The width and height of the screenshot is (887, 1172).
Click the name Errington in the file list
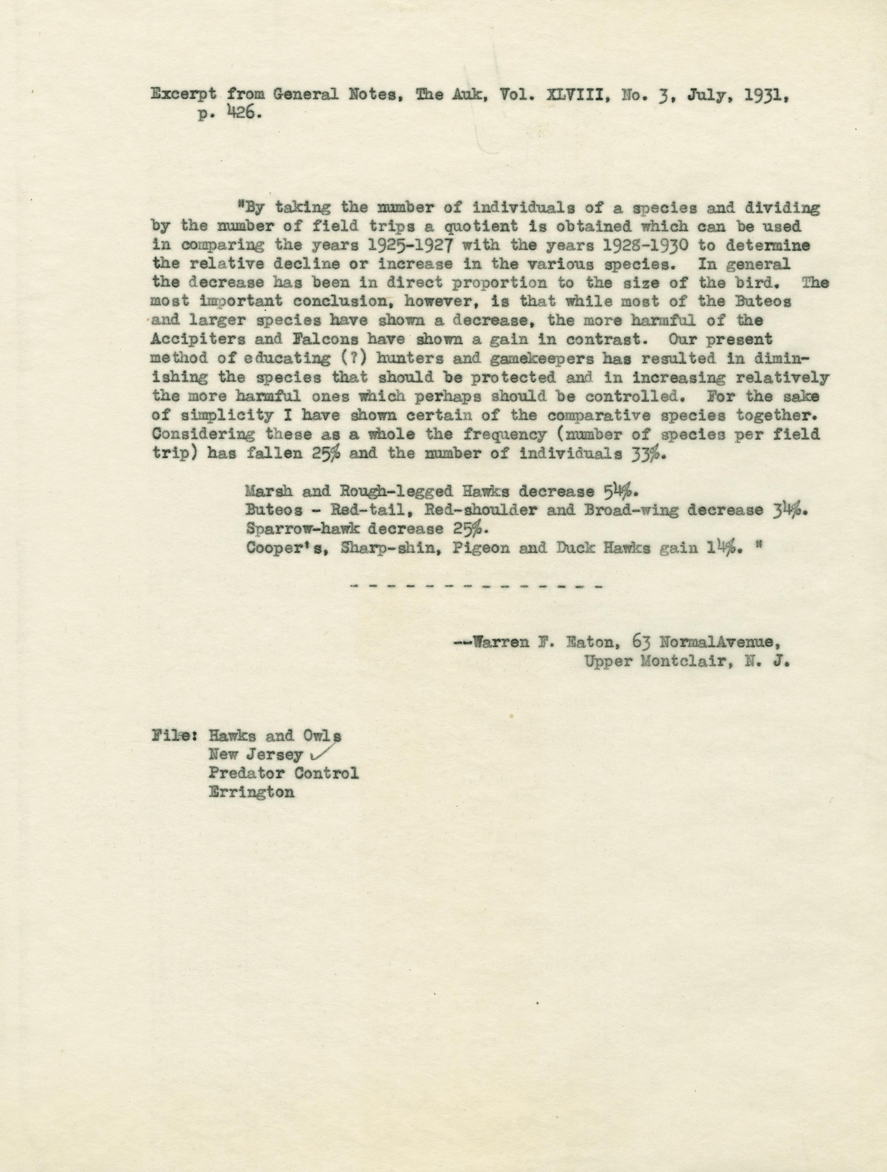(x=251, y=793)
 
